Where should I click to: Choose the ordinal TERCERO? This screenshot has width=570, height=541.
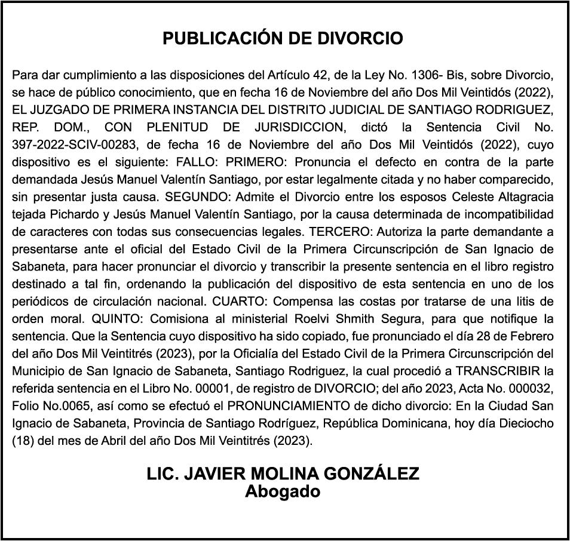(x=336, y=232)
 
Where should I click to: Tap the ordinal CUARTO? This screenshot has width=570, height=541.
(x=246, y=301)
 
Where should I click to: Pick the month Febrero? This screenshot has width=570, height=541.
(x=532, y=336)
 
